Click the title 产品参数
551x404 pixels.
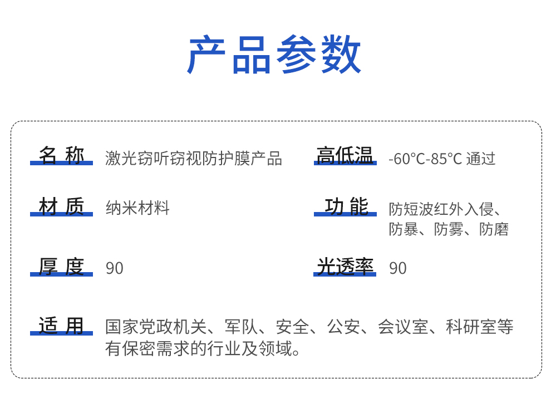click(275, 55)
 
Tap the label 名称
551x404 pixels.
click(61, 156)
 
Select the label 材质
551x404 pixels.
click(61, 207)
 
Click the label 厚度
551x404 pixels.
click(61, 267)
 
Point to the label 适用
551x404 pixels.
click(61, 326)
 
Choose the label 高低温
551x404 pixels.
click(345, 156)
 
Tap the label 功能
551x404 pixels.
click(346, 207)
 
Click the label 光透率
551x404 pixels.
click(345, 267)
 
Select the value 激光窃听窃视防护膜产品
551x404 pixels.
click(194, 159)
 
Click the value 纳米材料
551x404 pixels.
click(137, 209)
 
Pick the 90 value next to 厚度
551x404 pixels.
click(115, 268)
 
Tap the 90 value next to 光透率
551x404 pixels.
click(398, 268)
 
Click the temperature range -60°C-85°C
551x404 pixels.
click(425, 159)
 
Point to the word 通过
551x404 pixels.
click(481, 159)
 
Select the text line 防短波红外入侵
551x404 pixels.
click(440, 209)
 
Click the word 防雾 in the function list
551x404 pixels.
click(448, 229)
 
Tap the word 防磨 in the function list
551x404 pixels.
click(494, 229)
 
